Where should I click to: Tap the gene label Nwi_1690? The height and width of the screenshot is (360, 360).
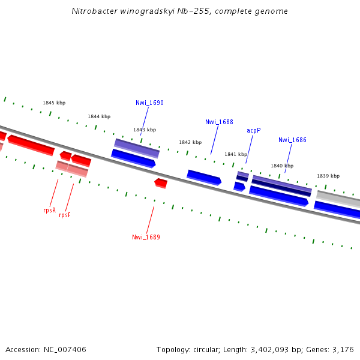click(149, 103)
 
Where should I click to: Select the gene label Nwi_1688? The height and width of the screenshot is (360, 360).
click(219, 122)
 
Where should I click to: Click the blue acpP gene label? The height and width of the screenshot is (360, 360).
click(253, 131)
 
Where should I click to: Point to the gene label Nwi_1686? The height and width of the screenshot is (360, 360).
click(292, 140)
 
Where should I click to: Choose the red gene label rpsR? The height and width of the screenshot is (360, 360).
click(49, 211)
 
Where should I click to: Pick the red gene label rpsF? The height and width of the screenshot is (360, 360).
click(65, 215)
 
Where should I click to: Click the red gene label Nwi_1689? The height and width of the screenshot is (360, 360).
click(146, 238)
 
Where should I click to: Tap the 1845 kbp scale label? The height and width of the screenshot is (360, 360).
click(53, 103)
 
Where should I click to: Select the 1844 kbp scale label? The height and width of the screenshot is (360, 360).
click(99, 116)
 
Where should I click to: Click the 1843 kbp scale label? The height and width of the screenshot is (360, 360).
click(145, 130)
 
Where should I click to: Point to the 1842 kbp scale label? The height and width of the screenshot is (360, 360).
click(190, 143)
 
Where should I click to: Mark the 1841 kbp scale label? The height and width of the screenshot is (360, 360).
click(236, 154)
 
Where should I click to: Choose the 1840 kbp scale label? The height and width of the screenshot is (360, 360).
click(281, 166)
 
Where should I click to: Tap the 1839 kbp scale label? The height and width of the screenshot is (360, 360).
click(328, 176)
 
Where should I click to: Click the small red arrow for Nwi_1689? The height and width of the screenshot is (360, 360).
click(161, 182)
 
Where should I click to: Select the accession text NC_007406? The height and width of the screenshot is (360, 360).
click(46, 349)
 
